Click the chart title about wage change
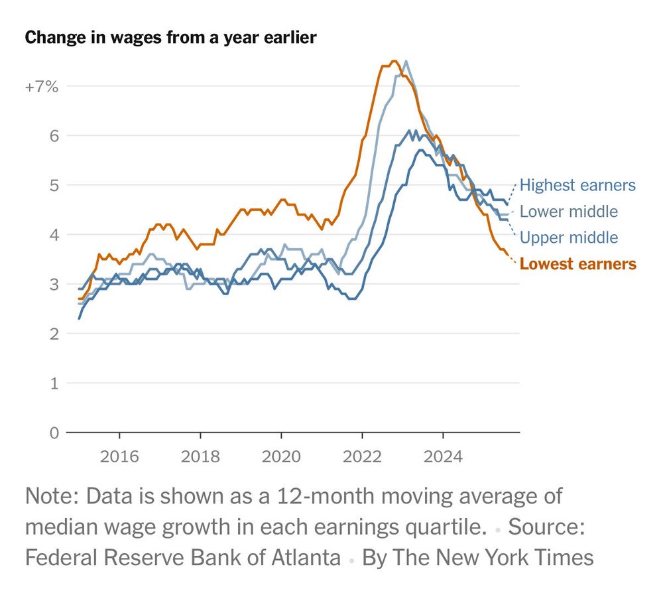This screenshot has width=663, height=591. coord(170,38)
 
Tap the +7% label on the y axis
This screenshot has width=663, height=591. coord(42,86)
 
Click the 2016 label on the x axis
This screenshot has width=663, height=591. coord(119,457)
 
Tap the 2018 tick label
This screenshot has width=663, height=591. coord(200,457)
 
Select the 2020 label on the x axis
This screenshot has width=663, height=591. coord(281,457)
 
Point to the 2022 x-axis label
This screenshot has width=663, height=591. coord(362,457)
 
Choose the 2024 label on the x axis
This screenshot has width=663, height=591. coord(443,457)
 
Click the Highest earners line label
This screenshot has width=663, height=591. coord(577,185)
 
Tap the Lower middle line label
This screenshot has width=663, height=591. coord(569,212)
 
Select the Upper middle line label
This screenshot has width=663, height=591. coord(569,237)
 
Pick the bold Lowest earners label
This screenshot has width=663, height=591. coord(578,264)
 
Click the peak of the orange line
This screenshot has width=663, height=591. coord(394,62)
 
